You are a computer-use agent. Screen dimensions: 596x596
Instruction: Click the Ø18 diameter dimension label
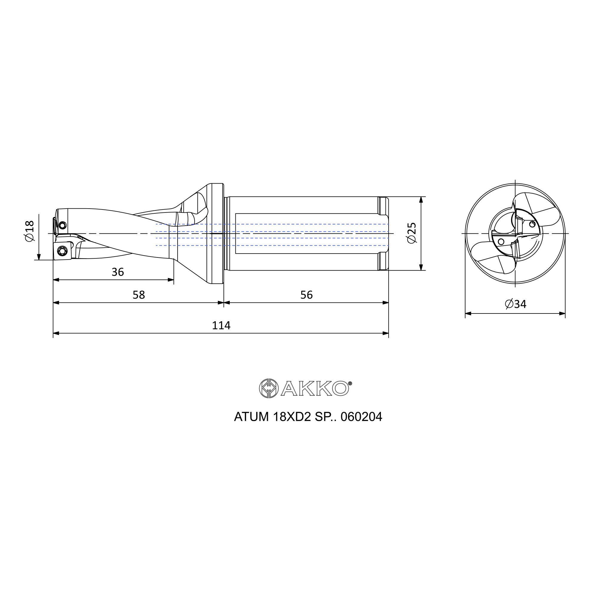(30, 231)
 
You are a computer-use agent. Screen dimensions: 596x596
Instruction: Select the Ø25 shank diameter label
(412, 233)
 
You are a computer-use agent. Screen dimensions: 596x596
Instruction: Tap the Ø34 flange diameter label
(516, 304)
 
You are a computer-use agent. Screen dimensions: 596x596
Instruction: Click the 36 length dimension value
(117, 272)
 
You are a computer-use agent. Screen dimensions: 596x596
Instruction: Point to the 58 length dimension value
(139, 295)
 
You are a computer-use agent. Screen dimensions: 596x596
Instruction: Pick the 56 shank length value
(306, 295)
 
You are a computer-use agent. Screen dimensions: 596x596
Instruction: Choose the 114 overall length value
(221, 325)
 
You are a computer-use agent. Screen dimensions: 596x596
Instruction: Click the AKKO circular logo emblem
(269, 388)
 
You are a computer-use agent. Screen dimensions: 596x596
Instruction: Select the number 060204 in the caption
(361, 417)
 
